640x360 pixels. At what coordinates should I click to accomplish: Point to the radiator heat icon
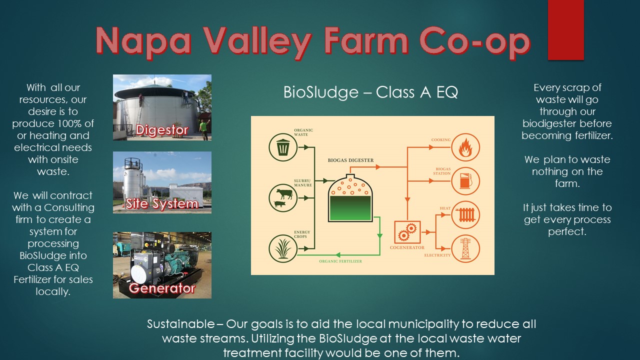(x=465, y=215)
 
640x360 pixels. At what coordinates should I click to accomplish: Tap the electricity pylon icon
(x=465, y=248)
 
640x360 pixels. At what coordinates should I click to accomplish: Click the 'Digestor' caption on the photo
(x=162, y=130)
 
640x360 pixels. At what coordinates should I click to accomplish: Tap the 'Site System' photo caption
(x=162, y=204)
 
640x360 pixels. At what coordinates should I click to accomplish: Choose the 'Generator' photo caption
(x=162, y=288)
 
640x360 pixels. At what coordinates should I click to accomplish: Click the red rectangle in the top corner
(x=565, y=29)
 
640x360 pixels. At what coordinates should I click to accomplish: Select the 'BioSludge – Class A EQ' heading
(x=370, y=92)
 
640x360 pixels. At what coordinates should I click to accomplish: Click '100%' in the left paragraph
(x=77, y=123)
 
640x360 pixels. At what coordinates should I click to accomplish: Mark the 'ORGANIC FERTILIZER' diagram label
(x=340, y=261)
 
